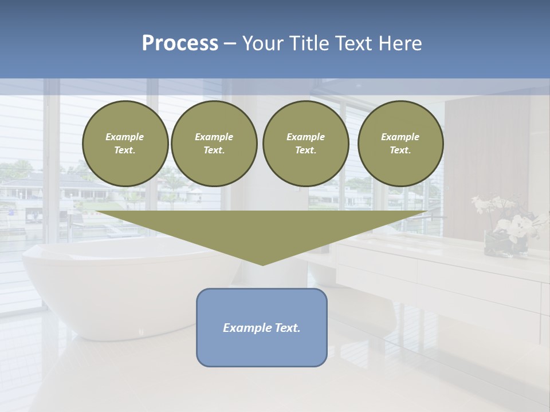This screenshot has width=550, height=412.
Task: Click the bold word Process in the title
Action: tap(180, 43)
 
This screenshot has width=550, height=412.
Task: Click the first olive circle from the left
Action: tap(125, 143)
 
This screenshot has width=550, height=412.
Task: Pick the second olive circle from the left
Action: tap(214, 143)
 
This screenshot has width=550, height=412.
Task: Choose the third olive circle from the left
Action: tap(305, 143)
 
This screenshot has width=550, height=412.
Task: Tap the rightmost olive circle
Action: tap(400, 143)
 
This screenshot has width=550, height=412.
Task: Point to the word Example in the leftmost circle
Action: tap(125, 137)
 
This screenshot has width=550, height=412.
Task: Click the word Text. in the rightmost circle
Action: tap(400, 150)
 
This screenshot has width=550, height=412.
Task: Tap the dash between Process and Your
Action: tap(230, 43)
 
